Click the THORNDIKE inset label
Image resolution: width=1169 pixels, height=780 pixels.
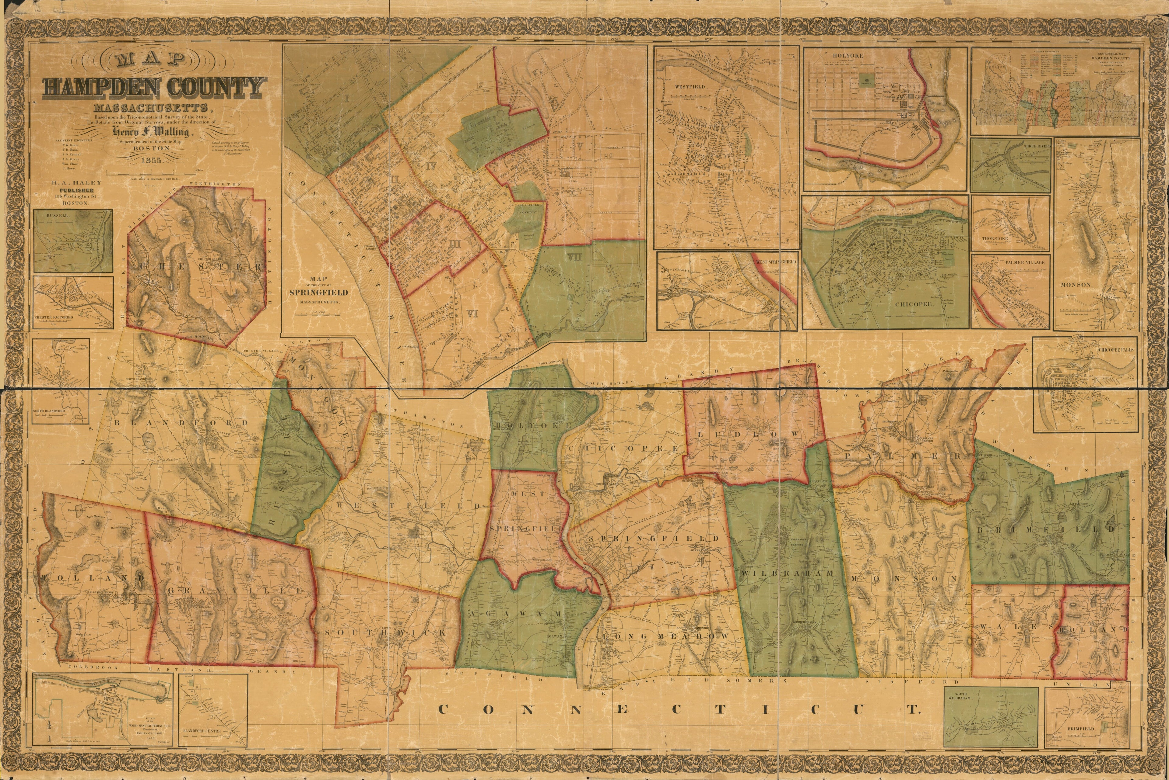(995, 239)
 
